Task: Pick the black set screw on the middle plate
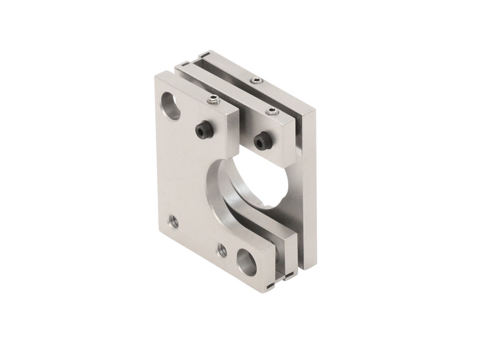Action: pyautogui.click(x=260, y=141)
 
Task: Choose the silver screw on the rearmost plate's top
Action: pyautogui.click(x=256, y=80)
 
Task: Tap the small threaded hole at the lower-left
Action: pyautogui.click(x=174, y=221)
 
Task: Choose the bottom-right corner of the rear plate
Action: pyautogui.click(x=312, y=265)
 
